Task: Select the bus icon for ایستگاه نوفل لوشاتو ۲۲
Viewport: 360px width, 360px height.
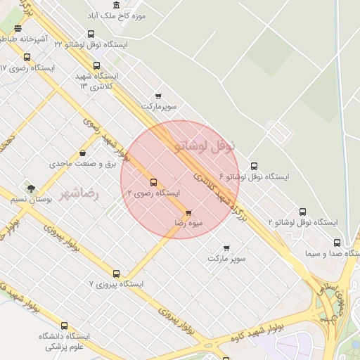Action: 91,34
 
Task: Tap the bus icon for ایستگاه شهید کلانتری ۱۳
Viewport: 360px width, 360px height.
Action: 97,65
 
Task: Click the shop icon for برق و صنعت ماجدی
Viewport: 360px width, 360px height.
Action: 83,153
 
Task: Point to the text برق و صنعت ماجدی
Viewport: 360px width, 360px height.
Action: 82,163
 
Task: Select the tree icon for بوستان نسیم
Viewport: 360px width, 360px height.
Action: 30,188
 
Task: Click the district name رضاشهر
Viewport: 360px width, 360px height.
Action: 79,191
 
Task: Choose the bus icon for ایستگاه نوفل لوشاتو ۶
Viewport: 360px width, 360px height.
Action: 254,166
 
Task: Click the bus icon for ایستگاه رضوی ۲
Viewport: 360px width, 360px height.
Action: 154,182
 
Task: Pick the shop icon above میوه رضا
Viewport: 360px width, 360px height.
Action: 188,212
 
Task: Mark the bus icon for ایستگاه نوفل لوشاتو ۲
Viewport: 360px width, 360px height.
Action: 302,212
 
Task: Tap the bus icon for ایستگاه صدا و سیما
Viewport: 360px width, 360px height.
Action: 337,243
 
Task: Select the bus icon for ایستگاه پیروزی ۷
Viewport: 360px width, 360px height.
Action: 117,274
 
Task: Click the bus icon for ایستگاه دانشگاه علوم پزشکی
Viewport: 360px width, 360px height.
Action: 65,326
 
